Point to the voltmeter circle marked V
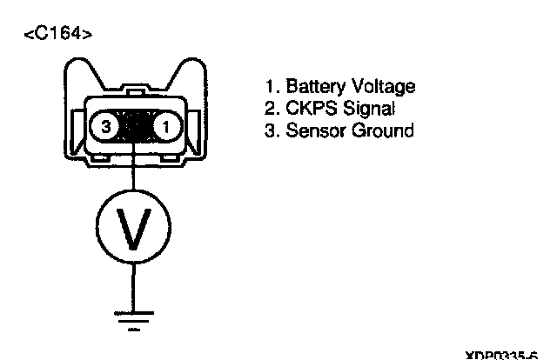(x=133, y=227)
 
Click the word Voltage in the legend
(x=382, y=87)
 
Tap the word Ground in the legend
(x=382, y=130)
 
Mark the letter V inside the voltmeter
(x=133, y=228)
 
